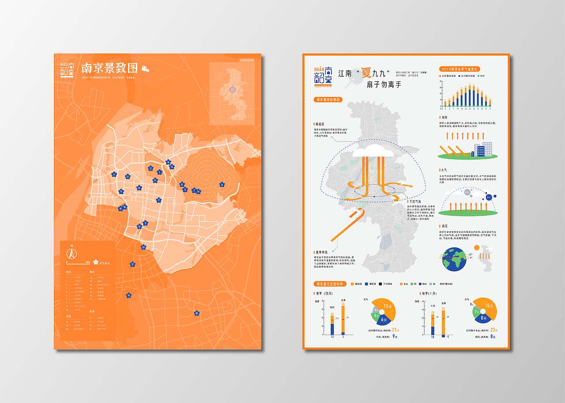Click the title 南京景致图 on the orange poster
pyautogui.click(x=109, y=68)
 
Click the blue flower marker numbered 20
pyautogui.click(x=196, y=313)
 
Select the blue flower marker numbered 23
pyautogui.click(x=143, y=247)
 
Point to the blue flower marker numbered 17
pyautogui.click(x=132, y=264)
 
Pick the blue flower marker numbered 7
pyautogui.click(x=158, y=200)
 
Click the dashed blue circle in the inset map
pyautogui.click(x=233, y=90)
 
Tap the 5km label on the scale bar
pyautogui.click(x=88, y=262)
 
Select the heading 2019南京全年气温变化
pyautogui.click(x=460, y=69)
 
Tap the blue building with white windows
pyautogui.click(x=480, y=151)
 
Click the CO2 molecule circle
pyautogui.click(x=467, y=192)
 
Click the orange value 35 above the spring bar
pyautogui.click(x=343, y=304)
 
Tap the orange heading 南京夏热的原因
pyautogui.click(x=328, y=100)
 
